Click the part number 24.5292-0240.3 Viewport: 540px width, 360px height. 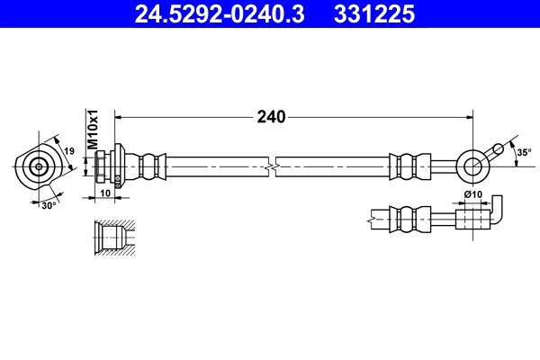(x=204, y=13)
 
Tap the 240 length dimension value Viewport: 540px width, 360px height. (x=271, y=116)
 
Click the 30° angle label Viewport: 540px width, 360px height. (x=49, y=205)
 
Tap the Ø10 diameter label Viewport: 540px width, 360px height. (x=472, y=195)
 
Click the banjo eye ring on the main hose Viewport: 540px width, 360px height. (x=472, y=166)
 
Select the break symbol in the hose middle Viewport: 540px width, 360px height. (x=271, y=166)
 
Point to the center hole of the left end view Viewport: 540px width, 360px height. (x=38, y=166)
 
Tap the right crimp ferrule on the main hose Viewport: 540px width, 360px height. (x=404, y=166)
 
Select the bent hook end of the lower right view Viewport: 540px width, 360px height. (x=500, y=212)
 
